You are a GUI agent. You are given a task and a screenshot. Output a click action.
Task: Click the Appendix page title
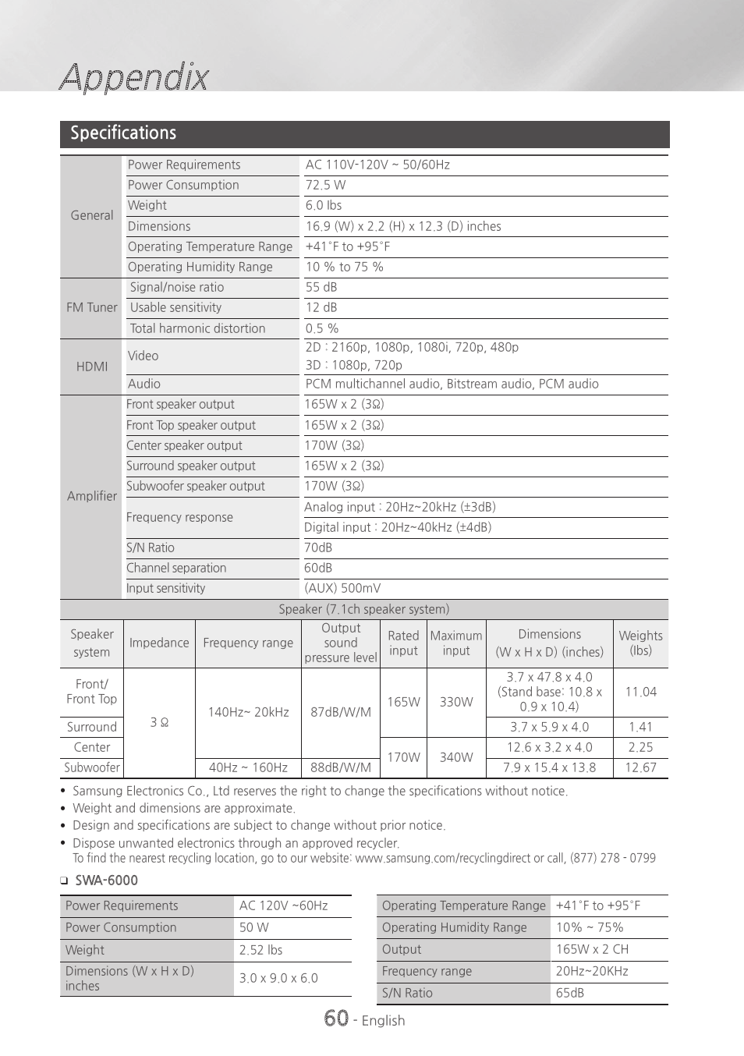click(134, 77)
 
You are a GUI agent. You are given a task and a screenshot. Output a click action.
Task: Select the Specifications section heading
click(123, 133)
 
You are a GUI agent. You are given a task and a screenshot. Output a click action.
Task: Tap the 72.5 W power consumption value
click(325, 185)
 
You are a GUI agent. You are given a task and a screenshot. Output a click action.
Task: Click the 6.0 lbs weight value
click(324, 205)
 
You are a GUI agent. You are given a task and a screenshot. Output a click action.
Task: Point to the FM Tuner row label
click(92, 307)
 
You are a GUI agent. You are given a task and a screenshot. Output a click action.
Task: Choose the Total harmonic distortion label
click(197, 328)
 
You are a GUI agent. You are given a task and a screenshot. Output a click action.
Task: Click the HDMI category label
click(92, 367)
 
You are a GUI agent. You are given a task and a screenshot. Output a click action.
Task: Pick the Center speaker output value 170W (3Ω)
click(334, 445)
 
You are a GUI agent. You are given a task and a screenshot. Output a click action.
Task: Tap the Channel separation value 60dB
click(318, 568)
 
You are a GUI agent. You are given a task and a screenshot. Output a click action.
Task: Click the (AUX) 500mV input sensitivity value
click(342, 588)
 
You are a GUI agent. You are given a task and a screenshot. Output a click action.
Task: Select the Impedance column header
click(159, 643)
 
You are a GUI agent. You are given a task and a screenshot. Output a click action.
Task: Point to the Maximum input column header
click(456, 643)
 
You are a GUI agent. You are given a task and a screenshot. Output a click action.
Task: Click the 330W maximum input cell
click(456, 702)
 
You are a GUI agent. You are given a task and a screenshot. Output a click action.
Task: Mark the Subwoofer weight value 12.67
click(641, 767)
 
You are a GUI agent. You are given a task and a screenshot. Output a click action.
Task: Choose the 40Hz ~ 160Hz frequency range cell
click(248, 767)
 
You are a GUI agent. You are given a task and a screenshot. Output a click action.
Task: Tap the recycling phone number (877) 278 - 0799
click(613, 858)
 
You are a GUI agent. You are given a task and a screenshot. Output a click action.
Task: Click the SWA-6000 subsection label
click(106, 881)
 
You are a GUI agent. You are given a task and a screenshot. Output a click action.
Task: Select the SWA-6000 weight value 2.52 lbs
click(260, 950)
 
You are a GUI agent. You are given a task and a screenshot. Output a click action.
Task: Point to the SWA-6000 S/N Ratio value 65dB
click(570, 993)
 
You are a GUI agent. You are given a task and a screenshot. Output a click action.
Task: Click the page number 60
click(336, 1019)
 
